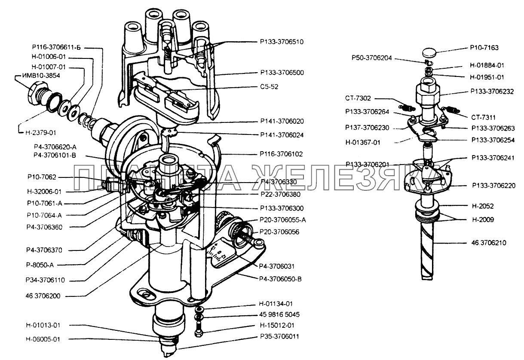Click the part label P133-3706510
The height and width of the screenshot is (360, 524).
pyautogui.click(x=282, y=42)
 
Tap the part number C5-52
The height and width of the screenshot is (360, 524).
pyautogui.click(x=269, y=86)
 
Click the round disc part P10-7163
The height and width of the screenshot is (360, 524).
pyautogui.click(x=429, y=53)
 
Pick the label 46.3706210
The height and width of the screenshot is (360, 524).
pyautogui.click(x=488, y=243)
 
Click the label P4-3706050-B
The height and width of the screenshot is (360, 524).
pyautogui.click(x=281, y=278)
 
